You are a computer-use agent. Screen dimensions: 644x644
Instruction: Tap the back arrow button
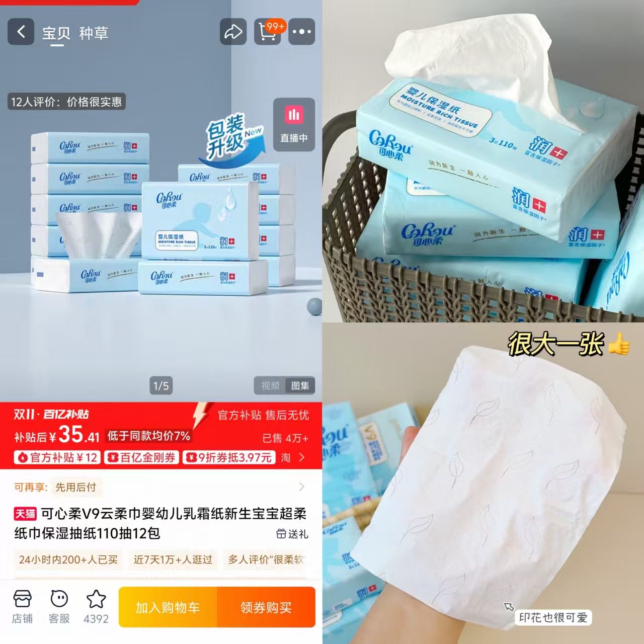tap(21, 32)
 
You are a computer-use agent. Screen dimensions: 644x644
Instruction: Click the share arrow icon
tap(233, 32)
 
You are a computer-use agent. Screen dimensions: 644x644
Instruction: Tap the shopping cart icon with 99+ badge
tap(268, 32)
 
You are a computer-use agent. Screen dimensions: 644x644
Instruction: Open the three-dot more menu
tap(301, 32)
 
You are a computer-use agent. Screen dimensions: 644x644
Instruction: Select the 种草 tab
tap(94, 33)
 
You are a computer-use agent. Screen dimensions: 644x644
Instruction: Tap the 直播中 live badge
tap(294, 124)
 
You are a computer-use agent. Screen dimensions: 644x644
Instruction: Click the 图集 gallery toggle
tap(300, 386)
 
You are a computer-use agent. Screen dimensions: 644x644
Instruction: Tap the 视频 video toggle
tap(270, 386)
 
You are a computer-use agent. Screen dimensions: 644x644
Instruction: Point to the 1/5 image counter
tap(161, 386)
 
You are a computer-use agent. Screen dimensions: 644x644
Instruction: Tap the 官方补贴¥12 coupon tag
tap(57, 457)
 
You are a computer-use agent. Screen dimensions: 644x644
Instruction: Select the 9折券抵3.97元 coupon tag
tap(229, 457)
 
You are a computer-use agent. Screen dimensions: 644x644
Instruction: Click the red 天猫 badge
tap(25, 514)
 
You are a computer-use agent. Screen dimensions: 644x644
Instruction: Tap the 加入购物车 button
tap(168, 607)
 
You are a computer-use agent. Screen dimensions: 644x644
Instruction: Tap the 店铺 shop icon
tap(22, 607)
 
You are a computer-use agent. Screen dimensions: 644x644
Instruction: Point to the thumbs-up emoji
tap(618, 345)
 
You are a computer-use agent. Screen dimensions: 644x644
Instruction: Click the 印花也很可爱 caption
tap(553, 617)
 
